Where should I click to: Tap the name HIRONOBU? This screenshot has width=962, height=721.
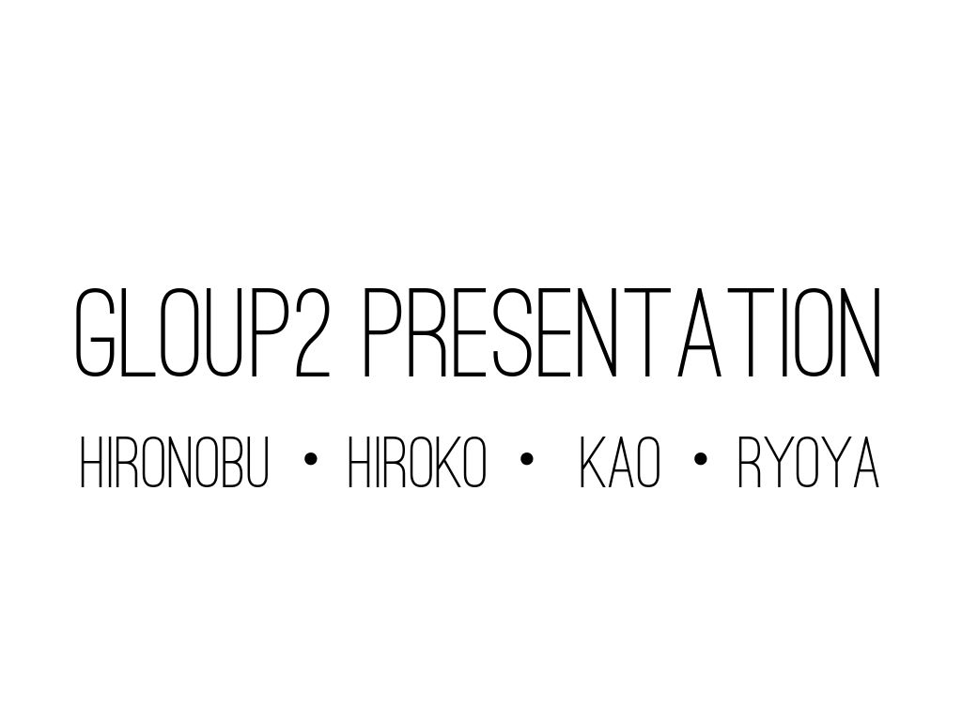click(175, 465)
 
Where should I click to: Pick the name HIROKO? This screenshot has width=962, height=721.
click(417, 465)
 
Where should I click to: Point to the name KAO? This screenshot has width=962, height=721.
click(620, 465)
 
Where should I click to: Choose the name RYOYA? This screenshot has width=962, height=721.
click(808, 465)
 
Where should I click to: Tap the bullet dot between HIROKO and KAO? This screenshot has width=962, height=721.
click(525, 460)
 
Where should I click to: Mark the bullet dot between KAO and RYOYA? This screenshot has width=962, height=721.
click(700, 460)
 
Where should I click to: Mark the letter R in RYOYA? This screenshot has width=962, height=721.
click(749, 465)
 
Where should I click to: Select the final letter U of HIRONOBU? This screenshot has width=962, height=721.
click(256, 465)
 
